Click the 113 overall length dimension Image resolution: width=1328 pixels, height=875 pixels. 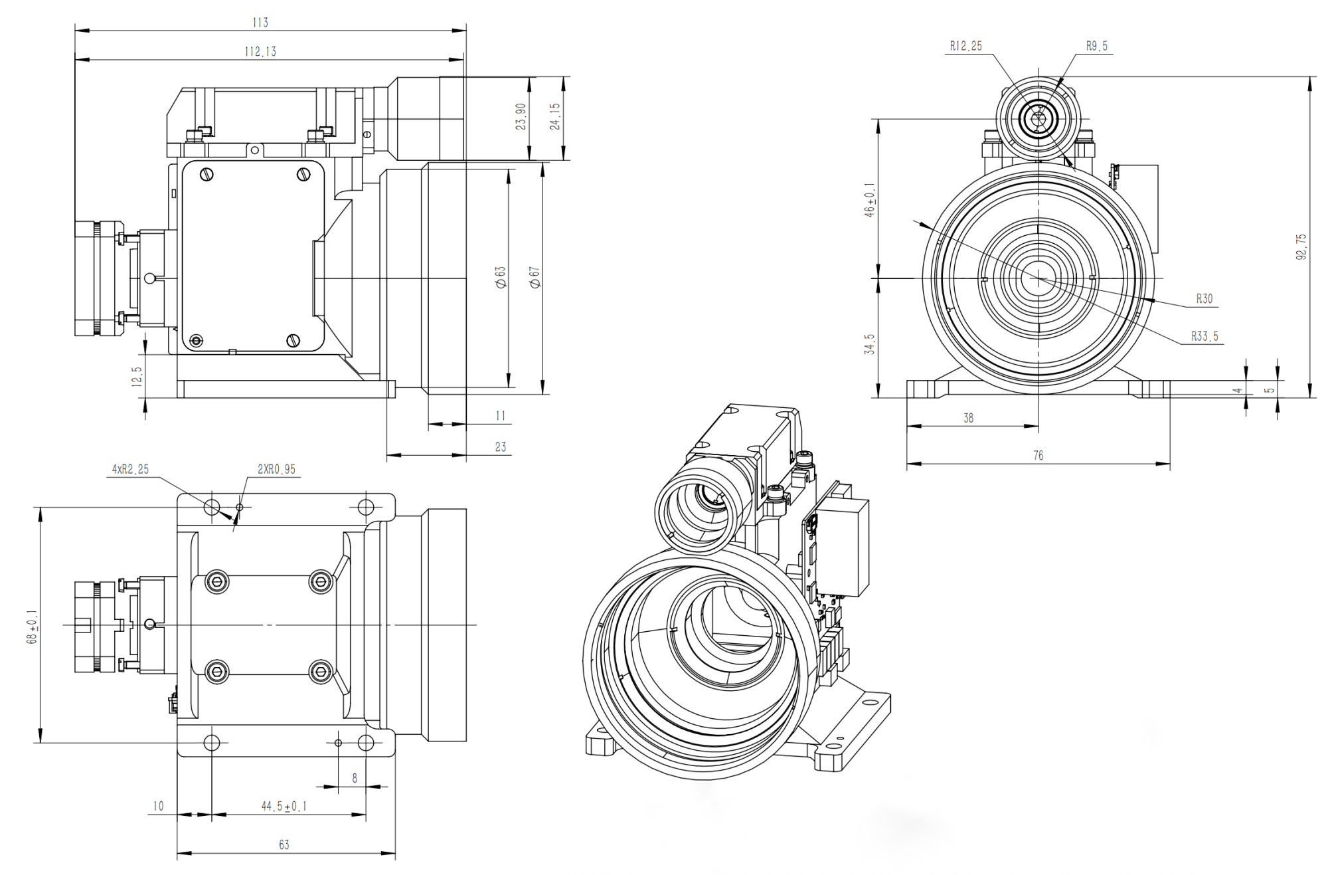260,23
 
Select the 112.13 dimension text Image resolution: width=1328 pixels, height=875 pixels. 260,52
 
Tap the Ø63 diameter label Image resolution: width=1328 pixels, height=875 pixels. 501,277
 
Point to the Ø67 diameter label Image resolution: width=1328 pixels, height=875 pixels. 535,277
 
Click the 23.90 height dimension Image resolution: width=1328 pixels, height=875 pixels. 521,116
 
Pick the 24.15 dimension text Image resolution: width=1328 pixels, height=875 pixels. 555,116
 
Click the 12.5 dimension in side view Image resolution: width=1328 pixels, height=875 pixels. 137,377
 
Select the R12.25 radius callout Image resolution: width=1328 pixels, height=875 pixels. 965,46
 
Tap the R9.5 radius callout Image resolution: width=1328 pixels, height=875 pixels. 1096,46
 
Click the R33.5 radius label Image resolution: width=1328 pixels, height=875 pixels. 1204,336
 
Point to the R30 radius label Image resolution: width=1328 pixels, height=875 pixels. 1204,299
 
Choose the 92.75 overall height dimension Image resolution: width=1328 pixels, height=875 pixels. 1301,246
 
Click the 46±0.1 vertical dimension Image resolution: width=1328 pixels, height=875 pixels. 869,200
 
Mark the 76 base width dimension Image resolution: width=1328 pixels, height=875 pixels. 1038,455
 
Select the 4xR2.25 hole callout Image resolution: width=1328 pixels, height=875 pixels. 130,469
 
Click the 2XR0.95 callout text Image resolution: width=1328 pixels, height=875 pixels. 276,469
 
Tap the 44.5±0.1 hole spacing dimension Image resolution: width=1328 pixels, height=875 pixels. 284,806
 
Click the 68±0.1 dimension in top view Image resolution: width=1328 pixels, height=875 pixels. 31,627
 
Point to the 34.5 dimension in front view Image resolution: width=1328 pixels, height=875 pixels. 869,344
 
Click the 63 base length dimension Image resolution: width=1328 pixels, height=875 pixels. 284,844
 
